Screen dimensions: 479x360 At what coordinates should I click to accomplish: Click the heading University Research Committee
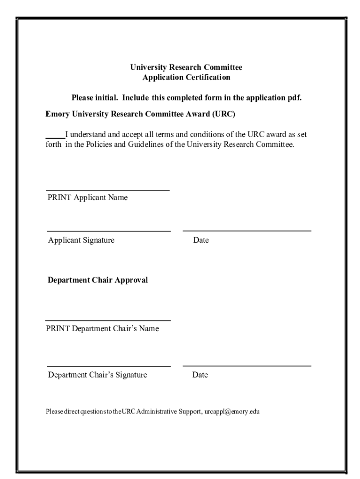186,67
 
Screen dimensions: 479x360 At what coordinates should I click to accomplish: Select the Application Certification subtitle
186,77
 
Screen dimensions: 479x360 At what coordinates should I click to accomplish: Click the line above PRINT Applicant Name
108,190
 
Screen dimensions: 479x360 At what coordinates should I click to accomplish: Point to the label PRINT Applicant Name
87,197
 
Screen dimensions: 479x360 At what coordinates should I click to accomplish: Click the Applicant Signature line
108,231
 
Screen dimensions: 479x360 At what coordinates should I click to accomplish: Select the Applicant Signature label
81,240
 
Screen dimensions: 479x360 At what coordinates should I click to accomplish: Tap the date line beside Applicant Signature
247,231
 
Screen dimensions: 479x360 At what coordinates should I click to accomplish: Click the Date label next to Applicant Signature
201,240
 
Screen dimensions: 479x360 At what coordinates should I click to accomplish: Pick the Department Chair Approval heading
98,280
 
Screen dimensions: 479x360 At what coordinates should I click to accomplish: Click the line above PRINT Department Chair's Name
108,320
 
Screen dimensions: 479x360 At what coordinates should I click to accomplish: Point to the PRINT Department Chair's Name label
102,328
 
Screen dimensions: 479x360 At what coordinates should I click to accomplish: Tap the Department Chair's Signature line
108,366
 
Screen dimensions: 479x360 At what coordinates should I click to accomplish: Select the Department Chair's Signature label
98,375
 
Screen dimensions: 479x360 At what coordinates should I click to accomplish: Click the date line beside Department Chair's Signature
247,366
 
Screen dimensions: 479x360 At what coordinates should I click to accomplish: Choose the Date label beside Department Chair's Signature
200,375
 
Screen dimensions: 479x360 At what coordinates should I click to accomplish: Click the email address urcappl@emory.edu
232,412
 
